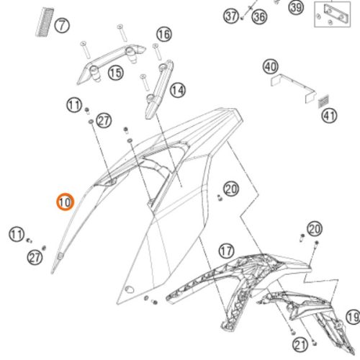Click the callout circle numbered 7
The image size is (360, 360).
(x=63, y=27)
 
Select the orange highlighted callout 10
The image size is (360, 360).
(x=64, y=202)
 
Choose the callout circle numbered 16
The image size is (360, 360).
(x=163, y=34)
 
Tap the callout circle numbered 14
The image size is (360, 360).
(x=176, y=90)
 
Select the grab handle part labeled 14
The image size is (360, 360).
(x=156, y=90)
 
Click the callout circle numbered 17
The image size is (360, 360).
(x=226, y=251)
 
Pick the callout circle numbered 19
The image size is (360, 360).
(x=352, y=317)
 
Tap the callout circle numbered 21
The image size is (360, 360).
(x=300, y=343)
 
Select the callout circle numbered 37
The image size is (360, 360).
(x=230, y=16)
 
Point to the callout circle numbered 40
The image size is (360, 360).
(x=270, y=67)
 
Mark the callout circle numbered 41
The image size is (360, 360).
(x=329, y=114)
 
